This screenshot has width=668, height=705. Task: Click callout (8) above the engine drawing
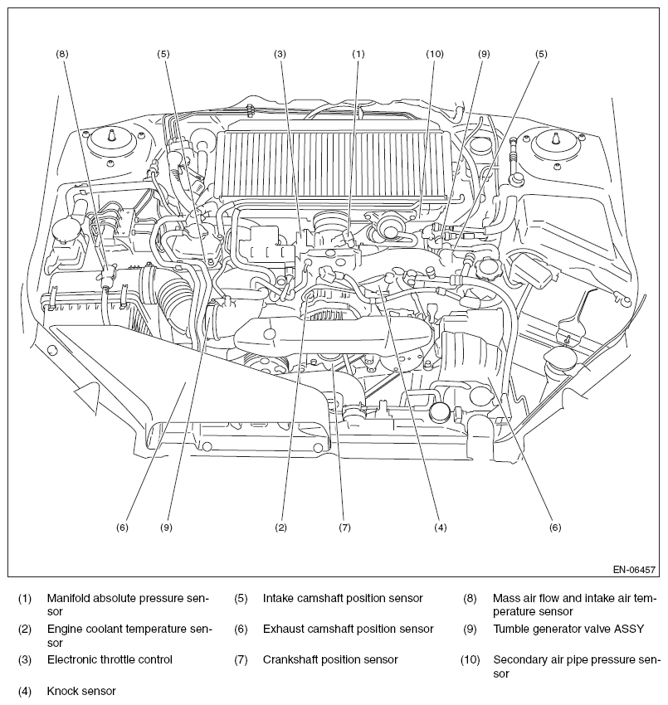click(62, 54)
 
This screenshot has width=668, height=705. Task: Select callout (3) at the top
click(280, 54)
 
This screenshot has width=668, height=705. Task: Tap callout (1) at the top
click(358, 54)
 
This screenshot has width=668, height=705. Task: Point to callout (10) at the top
click(435, 54)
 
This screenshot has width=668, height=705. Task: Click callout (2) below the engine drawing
click(280, 528)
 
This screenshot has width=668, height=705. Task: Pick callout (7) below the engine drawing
click(344, 528)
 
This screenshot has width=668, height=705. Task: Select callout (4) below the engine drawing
click(441, 528)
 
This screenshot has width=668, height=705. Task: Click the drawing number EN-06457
click(634, 570)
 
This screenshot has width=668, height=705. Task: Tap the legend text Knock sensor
click(81, 691)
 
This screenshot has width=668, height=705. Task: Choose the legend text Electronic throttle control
click(110, 659)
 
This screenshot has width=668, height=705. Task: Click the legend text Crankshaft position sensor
click(330, 659)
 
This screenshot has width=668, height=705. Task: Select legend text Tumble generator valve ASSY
click(568, 629)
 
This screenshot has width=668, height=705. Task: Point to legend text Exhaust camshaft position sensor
click(349, 629)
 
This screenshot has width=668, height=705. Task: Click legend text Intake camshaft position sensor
click(344, 599)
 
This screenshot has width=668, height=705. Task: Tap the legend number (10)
click(470, 660)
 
